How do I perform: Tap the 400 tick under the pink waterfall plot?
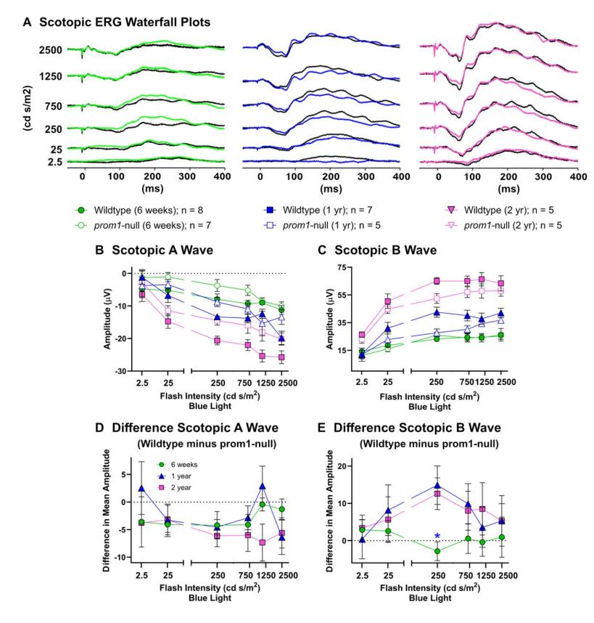[577, 176]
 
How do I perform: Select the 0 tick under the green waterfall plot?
[83, 176]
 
